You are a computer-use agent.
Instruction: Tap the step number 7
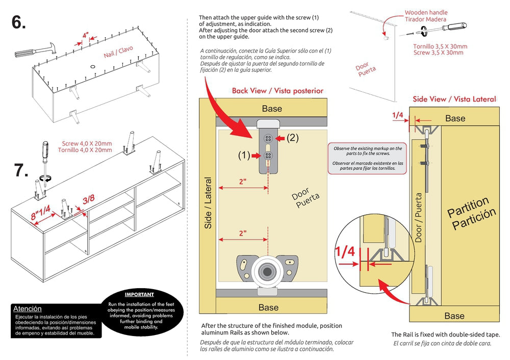(21, 170)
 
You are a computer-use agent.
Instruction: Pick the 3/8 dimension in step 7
(88, 198)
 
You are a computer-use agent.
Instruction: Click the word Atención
(28, 308)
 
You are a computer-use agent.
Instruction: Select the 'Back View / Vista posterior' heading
(277, 91)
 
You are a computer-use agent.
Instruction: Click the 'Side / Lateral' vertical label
(208, 203)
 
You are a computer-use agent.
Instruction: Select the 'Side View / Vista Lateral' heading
(454, 99)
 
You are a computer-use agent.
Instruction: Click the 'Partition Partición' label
(471, 213)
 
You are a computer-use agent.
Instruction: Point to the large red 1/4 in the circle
(345, 251)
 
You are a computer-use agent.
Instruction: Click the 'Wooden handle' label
(426, 13)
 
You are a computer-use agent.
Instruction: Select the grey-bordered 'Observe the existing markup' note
(367, 158)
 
